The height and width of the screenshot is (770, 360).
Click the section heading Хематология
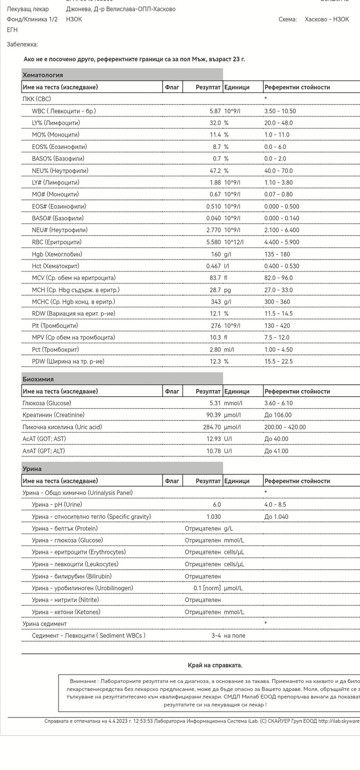pyautogui.click(x=43, y=75)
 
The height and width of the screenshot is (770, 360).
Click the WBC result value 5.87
pyautogui.click(x=215, y=111)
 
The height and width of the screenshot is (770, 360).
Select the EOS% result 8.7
pyautogui.click(x=217, y=147)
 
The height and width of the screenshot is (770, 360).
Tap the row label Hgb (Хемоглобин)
pyautogui.click(x=57, y=254)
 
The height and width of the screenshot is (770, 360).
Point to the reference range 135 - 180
pyautogui.click(x=277, y=254)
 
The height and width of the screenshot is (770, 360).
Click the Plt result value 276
pyautogui.click(x=216, y=326)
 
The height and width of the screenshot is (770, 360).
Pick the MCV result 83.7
pyautogui.click(x=215, y=278)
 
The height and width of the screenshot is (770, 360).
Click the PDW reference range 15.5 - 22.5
pyautogui.click(x=278, y=361)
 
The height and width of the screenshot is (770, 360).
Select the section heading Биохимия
pyautogui.click(x=38, y=379)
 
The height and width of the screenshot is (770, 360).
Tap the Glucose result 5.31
pyautogui.click(x=215, y=403)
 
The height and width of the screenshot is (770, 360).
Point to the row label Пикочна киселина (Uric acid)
pyautogui.click(x=62, y=427)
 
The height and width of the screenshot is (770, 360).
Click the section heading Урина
pyautogui.click(x=32, y=469)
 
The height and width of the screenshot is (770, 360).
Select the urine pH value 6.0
pyautogui.click(x=217, y=505)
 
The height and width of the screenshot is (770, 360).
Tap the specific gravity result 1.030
pyautogui.click(x=213, y=517)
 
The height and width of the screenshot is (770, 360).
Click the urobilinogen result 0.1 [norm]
pyautogui.click(x=207, y=588)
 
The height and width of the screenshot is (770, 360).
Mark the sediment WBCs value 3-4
pyautogui.click(x=216, y=636)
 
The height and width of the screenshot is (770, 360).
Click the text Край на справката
pyautogui.click(x=215, y=665)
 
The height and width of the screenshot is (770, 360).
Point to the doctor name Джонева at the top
pyautogui.click(x=77, y=9)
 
